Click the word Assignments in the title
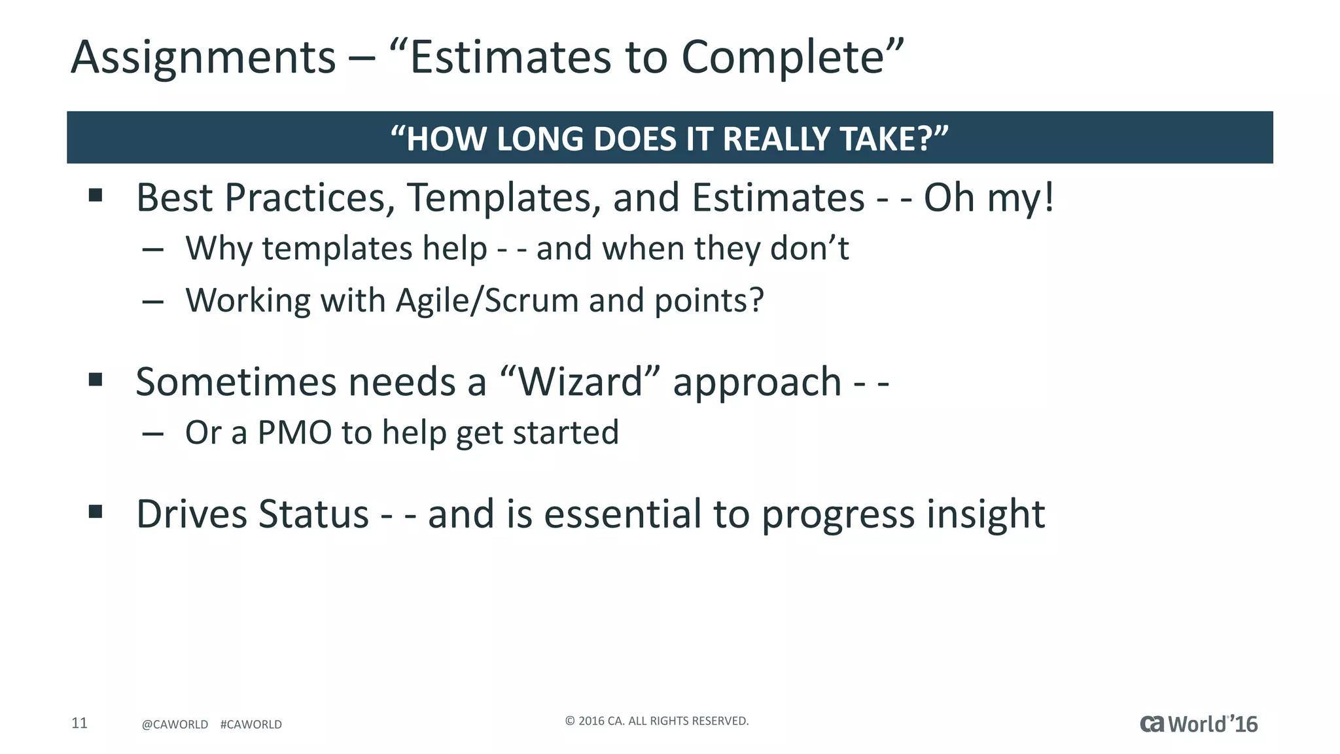tap(203, 58)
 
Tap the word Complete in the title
tap(783, 58)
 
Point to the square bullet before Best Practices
tap(96, 195)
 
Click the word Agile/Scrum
tap(487, 300)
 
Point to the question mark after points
tap(756, 300)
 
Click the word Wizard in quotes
tap(579, 382)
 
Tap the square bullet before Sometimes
tap(96, 380)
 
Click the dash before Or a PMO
tap(152, 433)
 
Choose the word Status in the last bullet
tap(313, 514)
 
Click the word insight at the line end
tap(985, 514)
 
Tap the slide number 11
tap(79, 723)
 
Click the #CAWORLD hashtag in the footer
tap(251, 725)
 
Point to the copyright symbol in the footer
tap(569, 721)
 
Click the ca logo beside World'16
tap(1152, 724)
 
